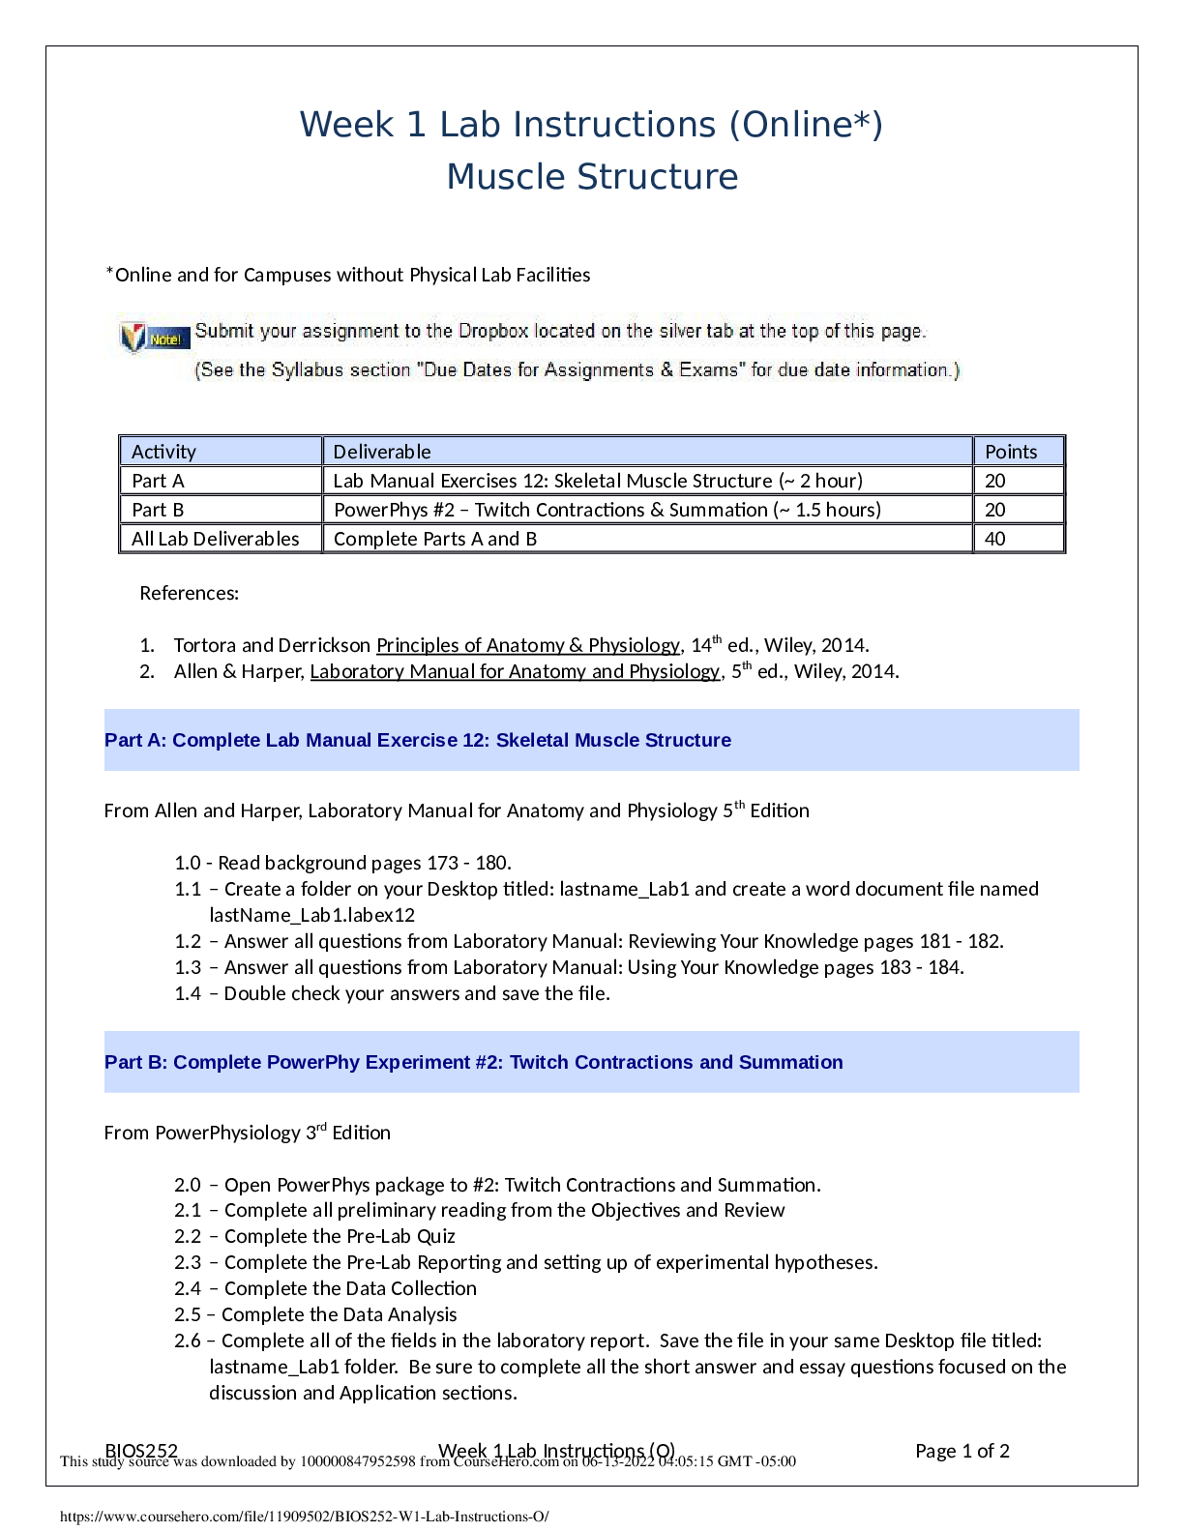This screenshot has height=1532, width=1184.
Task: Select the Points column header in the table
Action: coord(1011,452)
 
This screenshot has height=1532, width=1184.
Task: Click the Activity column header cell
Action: coord(163,452)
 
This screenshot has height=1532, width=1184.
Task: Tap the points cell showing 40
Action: coord(995,539)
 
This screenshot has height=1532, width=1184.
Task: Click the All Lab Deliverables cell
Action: coord(216,539)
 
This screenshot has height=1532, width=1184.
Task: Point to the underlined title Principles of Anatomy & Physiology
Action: coord(528,645)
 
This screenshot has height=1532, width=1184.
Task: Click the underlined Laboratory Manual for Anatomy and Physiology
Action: coord(515,671)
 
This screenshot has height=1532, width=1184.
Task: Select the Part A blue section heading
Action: coord(418,740)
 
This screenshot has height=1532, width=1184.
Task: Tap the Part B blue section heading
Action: coord(474,1062)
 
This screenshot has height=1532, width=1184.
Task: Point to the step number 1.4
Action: coord(188,993)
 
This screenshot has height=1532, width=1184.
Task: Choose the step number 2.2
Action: coord(188,1236)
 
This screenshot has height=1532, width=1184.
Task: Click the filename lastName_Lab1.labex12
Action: coord(311,915)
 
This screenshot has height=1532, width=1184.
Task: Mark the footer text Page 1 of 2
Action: coord(962,1451)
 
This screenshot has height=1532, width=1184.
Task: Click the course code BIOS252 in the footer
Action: coord(141,1451)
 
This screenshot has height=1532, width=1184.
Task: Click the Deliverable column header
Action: coord(382,452)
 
